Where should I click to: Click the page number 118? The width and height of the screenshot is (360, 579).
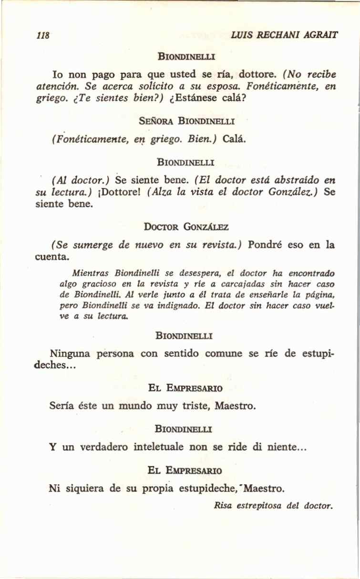[x=43, y=35]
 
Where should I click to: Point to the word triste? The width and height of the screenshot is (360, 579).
[x=195, y=406]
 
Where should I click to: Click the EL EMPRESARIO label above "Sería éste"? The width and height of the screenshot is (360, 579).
[x=185, y=388]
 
